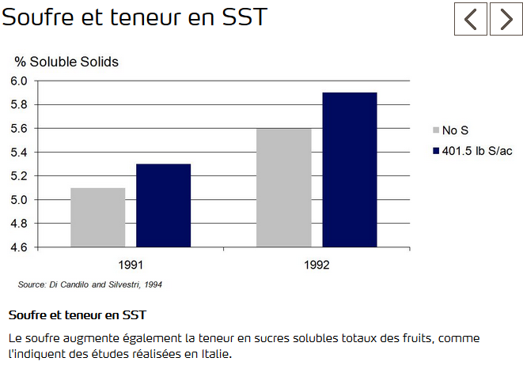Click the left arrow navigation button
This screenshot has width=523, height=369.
click(x=471, y=19)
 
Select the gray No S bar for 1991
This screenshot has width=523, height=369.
click(x=97, y=217)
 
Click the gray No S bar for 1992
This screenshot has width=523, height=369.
click(x=284, y=187)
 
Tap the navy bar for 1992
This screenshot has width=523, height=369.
click(x=349, y=170)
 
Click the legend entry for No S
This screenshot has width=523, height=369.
click(x=455, y=130)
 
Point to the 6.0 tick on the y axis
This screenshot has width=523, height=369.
click(x=19, y=81)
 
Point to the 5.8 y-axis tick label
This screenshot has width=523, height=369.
click(x=19, y=104)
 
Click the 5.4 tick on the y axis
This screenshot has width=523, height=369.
click(x=19, y=152)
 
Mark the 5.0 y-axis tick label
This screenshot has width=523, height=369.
click(x=19, y=199)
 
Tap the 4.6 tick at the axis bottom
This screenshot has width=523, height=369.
click(x=19, y=247)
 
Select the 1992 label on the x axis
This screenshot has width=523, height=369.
click(x=316, y=265)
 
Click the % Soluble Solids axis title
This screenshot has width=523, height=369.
click(x=66, y=62)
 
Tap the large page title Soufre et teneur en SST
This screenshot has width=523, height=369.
click(x=134, y=17)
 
